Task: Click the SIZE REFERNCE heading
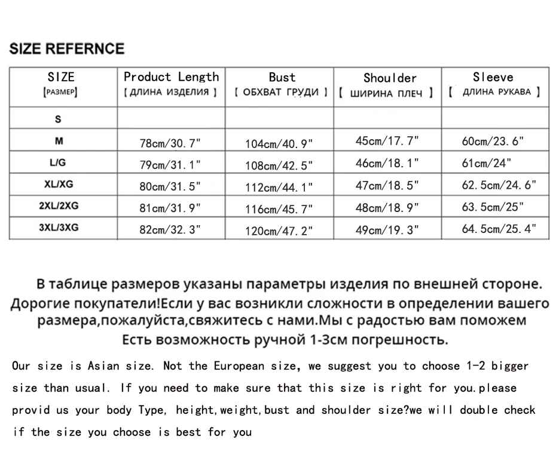(x=67, y=49)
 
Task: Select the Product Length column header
(x=171, y=77)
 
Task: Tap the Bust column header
(x=282, y=77)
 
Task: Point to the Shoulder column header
(x=390, y=78)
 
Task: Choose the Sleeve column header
(x=493, y=77)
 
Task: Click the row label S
(x=58, y=119)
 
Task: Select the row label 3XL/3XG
(x=58, y=228)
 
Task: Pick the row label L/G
(x=58, y=162)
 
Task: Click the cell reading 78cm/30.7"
(x=170, y=143)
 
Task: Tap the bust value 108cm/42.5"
(x=279, y=165)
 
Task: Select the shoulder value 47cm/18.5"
(x=387, y=185)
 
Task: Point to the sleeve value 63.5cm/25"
(x=493, y=207)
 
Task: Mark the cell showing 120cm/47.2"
(x=279, y=231)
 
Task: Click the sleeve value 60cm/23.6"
(x=493, y=142)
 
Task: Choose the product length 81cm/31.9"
(x=170, y=208)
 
